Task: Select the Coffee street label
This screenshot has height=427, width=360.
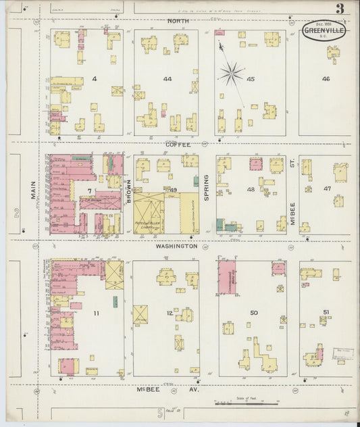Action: click(179, 145)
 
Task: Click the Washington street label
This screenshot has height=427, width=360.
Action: click(176, 246)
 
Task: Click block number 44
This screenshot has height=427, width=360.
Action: click(167, 79)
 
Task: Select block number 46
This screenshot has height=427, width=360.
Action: click(326, 79)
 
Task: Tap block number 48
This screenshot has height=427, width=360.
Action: click(251, 190)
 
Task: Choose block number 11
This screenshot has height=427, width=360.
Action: click(97, 313)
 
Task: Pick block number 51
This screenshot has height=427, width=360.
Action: click(326, 311)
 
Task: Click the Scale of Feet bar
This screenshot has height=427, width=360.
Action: click(247, 404)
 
